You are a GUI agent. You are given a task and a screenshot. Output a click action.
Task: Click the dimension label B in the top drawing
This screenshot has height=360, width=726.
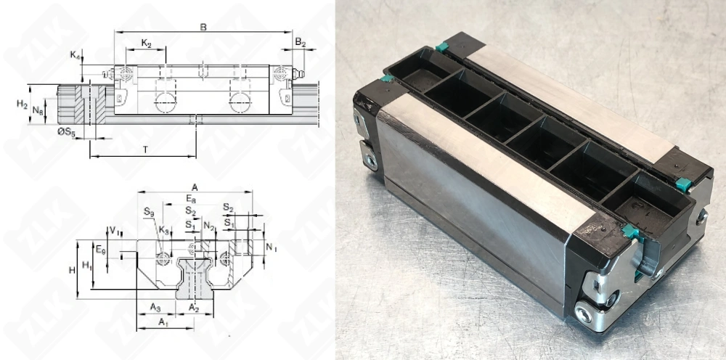click(x=203, y=27)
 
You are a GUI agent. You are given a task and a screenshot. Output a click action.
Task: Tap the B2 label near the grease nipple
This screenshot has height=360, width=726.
click(x=300, y=44)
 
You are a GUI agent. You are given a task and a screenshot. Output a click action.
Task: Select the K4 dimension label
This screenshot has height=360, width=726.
click(x=75, y=55)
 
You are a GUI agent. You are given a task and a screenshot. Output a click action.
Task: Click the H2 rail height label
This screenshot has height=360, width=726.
click(x=23, y=104)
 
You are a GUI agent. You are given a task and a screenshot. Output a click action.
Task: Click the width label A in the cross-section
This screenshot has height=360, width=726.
click(x=195, y=186)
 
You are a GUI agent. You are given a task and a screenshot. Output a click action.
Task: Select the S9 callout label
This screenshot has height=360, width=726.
click(x=148, y=212)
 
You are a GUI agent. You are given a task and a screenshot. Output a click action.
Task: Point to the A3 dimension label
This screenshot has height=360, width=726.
click(x=155, y=308)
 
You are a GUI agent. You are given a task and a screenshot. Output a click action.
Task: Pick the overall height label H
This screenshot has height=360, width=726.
click(x=72, y=269)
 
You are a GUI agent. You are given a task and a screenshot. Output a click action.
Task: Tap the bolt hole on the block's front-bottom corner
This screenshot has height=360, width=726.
click(x=584, y=314)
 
